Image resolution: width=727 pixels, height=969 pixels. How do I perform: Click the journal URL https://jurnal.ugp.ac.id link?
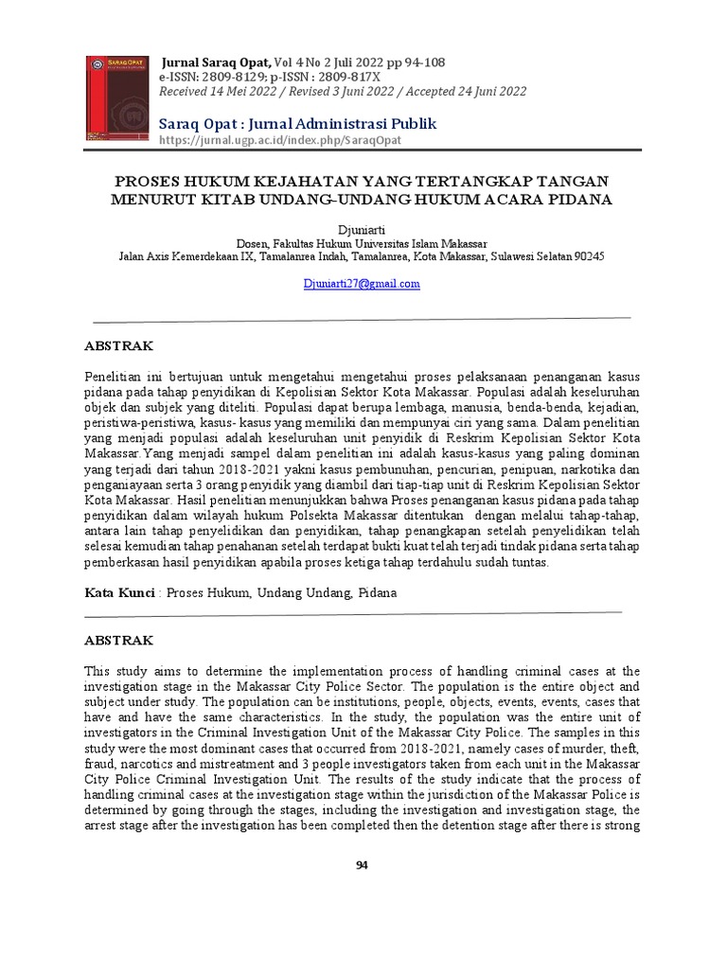280,140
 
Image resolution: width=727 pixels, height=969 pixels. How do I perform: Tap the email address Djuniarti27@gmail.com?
362,284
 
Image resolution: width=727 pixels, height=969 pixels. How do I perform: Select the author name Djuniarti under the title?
362,230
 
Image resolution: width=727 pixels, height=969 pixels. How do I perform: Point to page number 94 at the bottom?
362,867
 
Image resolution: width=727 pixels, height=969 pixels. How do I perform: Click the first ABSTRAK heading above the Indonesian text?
118,346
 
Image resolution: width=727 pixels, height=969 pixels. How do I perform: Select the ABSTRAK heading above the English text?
118,641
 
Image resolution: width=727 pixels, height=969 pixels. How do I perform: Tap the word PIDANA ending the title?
581,199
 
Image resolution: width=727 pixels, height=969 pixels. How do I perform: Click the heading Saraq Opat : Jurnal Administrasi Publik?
297,124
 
